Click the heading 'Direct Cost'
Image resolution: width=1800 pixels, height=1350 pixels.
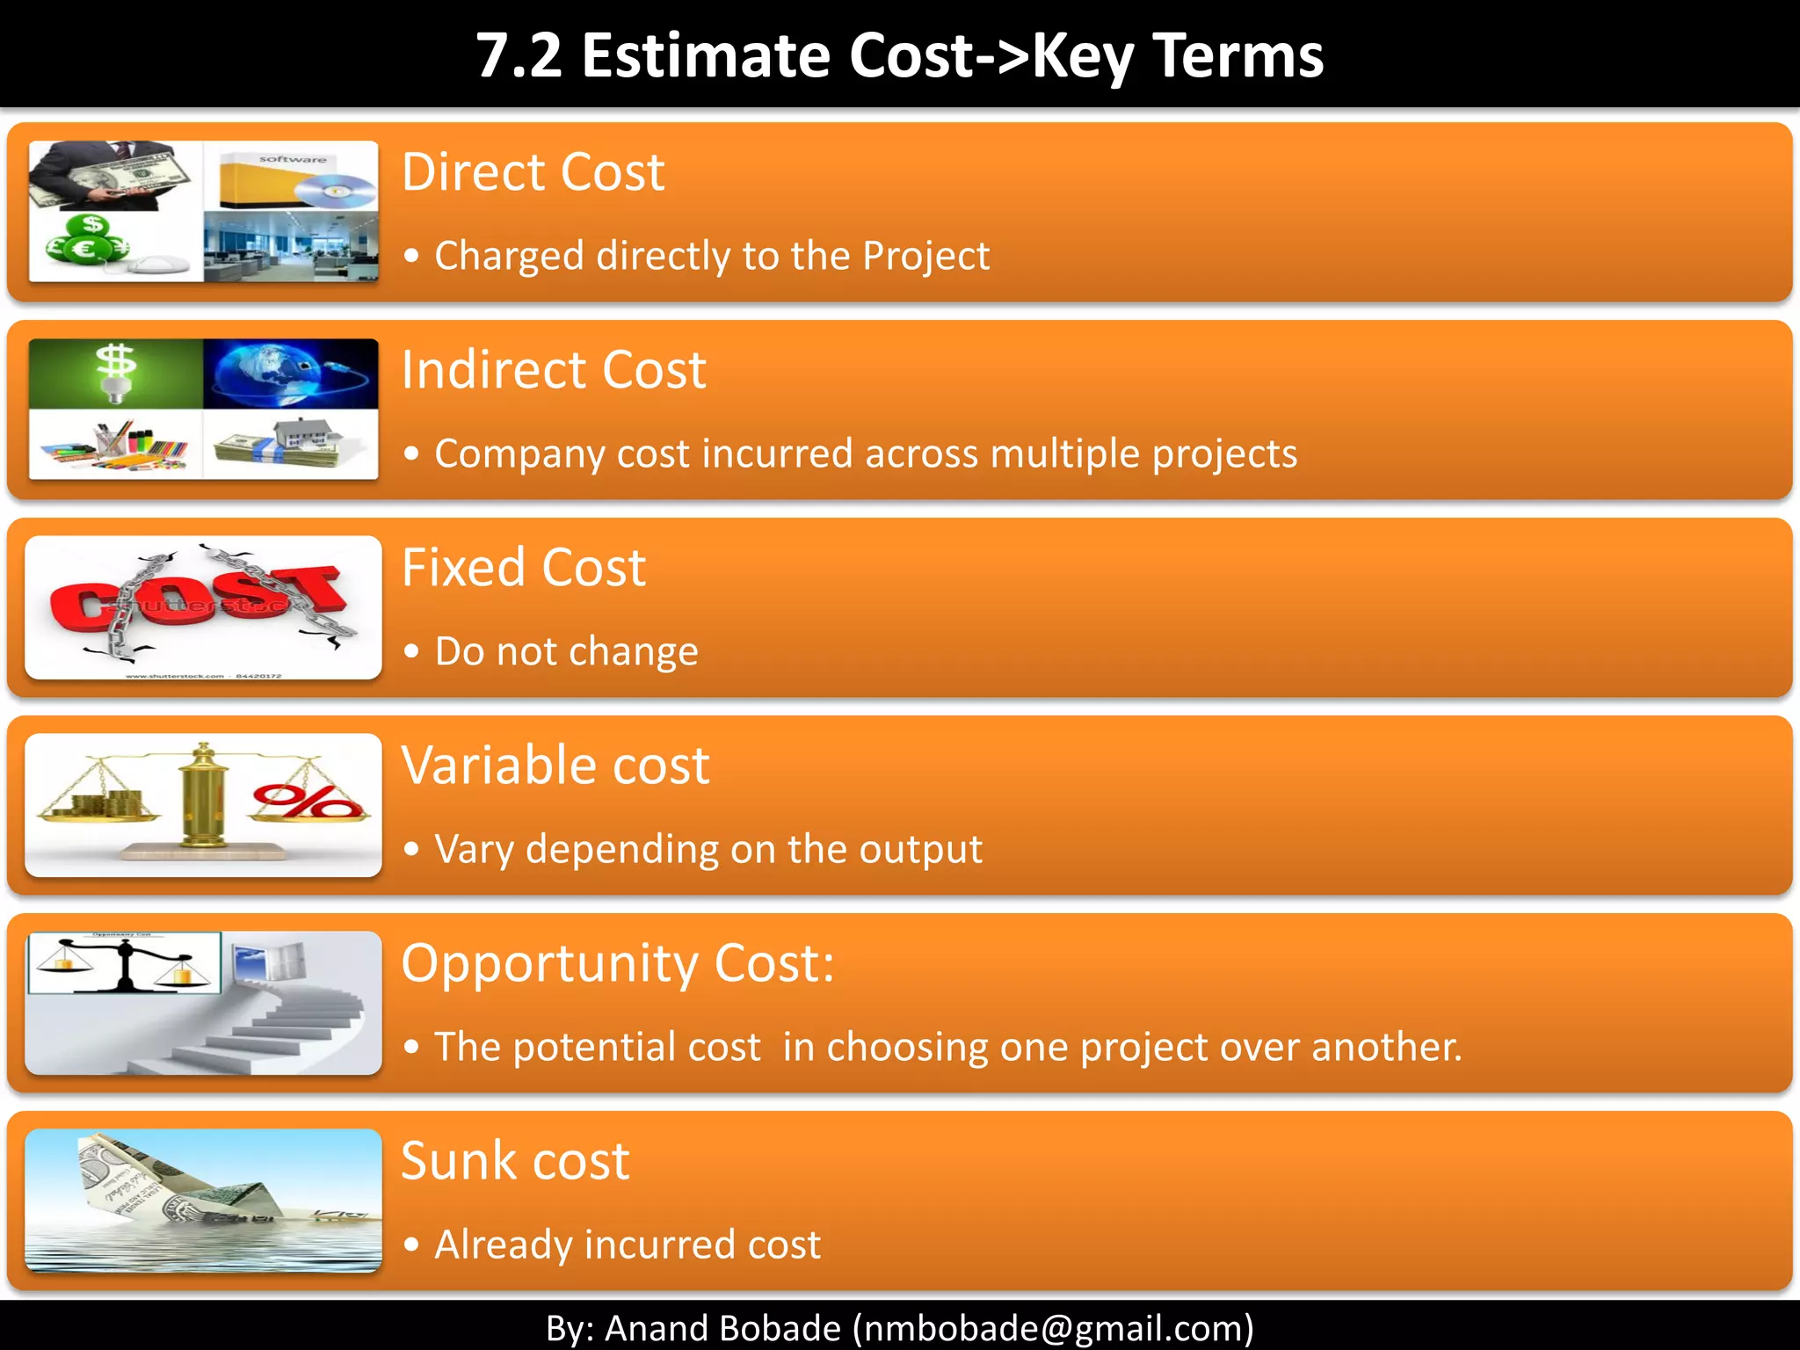click(533, 172)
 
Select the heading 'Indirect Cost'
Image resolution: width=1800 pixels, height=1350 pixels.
click(554, 370)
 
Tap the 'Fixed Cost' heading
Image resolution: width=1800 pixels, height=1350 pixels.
click(524, 568)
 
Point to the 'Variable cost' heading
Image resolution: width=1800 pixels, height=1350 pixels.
click(555, 766)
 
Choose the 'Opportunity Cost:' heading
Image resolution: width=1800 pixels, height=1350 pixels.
click(617, 963)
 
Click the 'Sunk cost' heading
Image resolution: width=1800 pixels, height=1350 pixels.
click(515, 1161)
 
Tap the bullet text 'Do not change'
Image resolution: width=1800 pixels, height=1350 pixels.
click(566, 652)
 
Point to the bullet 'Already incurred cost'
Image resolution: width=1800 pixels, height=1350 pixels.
click(628, 1245)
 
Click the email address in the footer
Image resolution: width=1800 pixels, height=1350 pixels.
click(1053, 1328)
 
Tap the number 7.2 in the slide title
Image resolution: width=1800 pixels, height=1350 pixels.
click(519, 55)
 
